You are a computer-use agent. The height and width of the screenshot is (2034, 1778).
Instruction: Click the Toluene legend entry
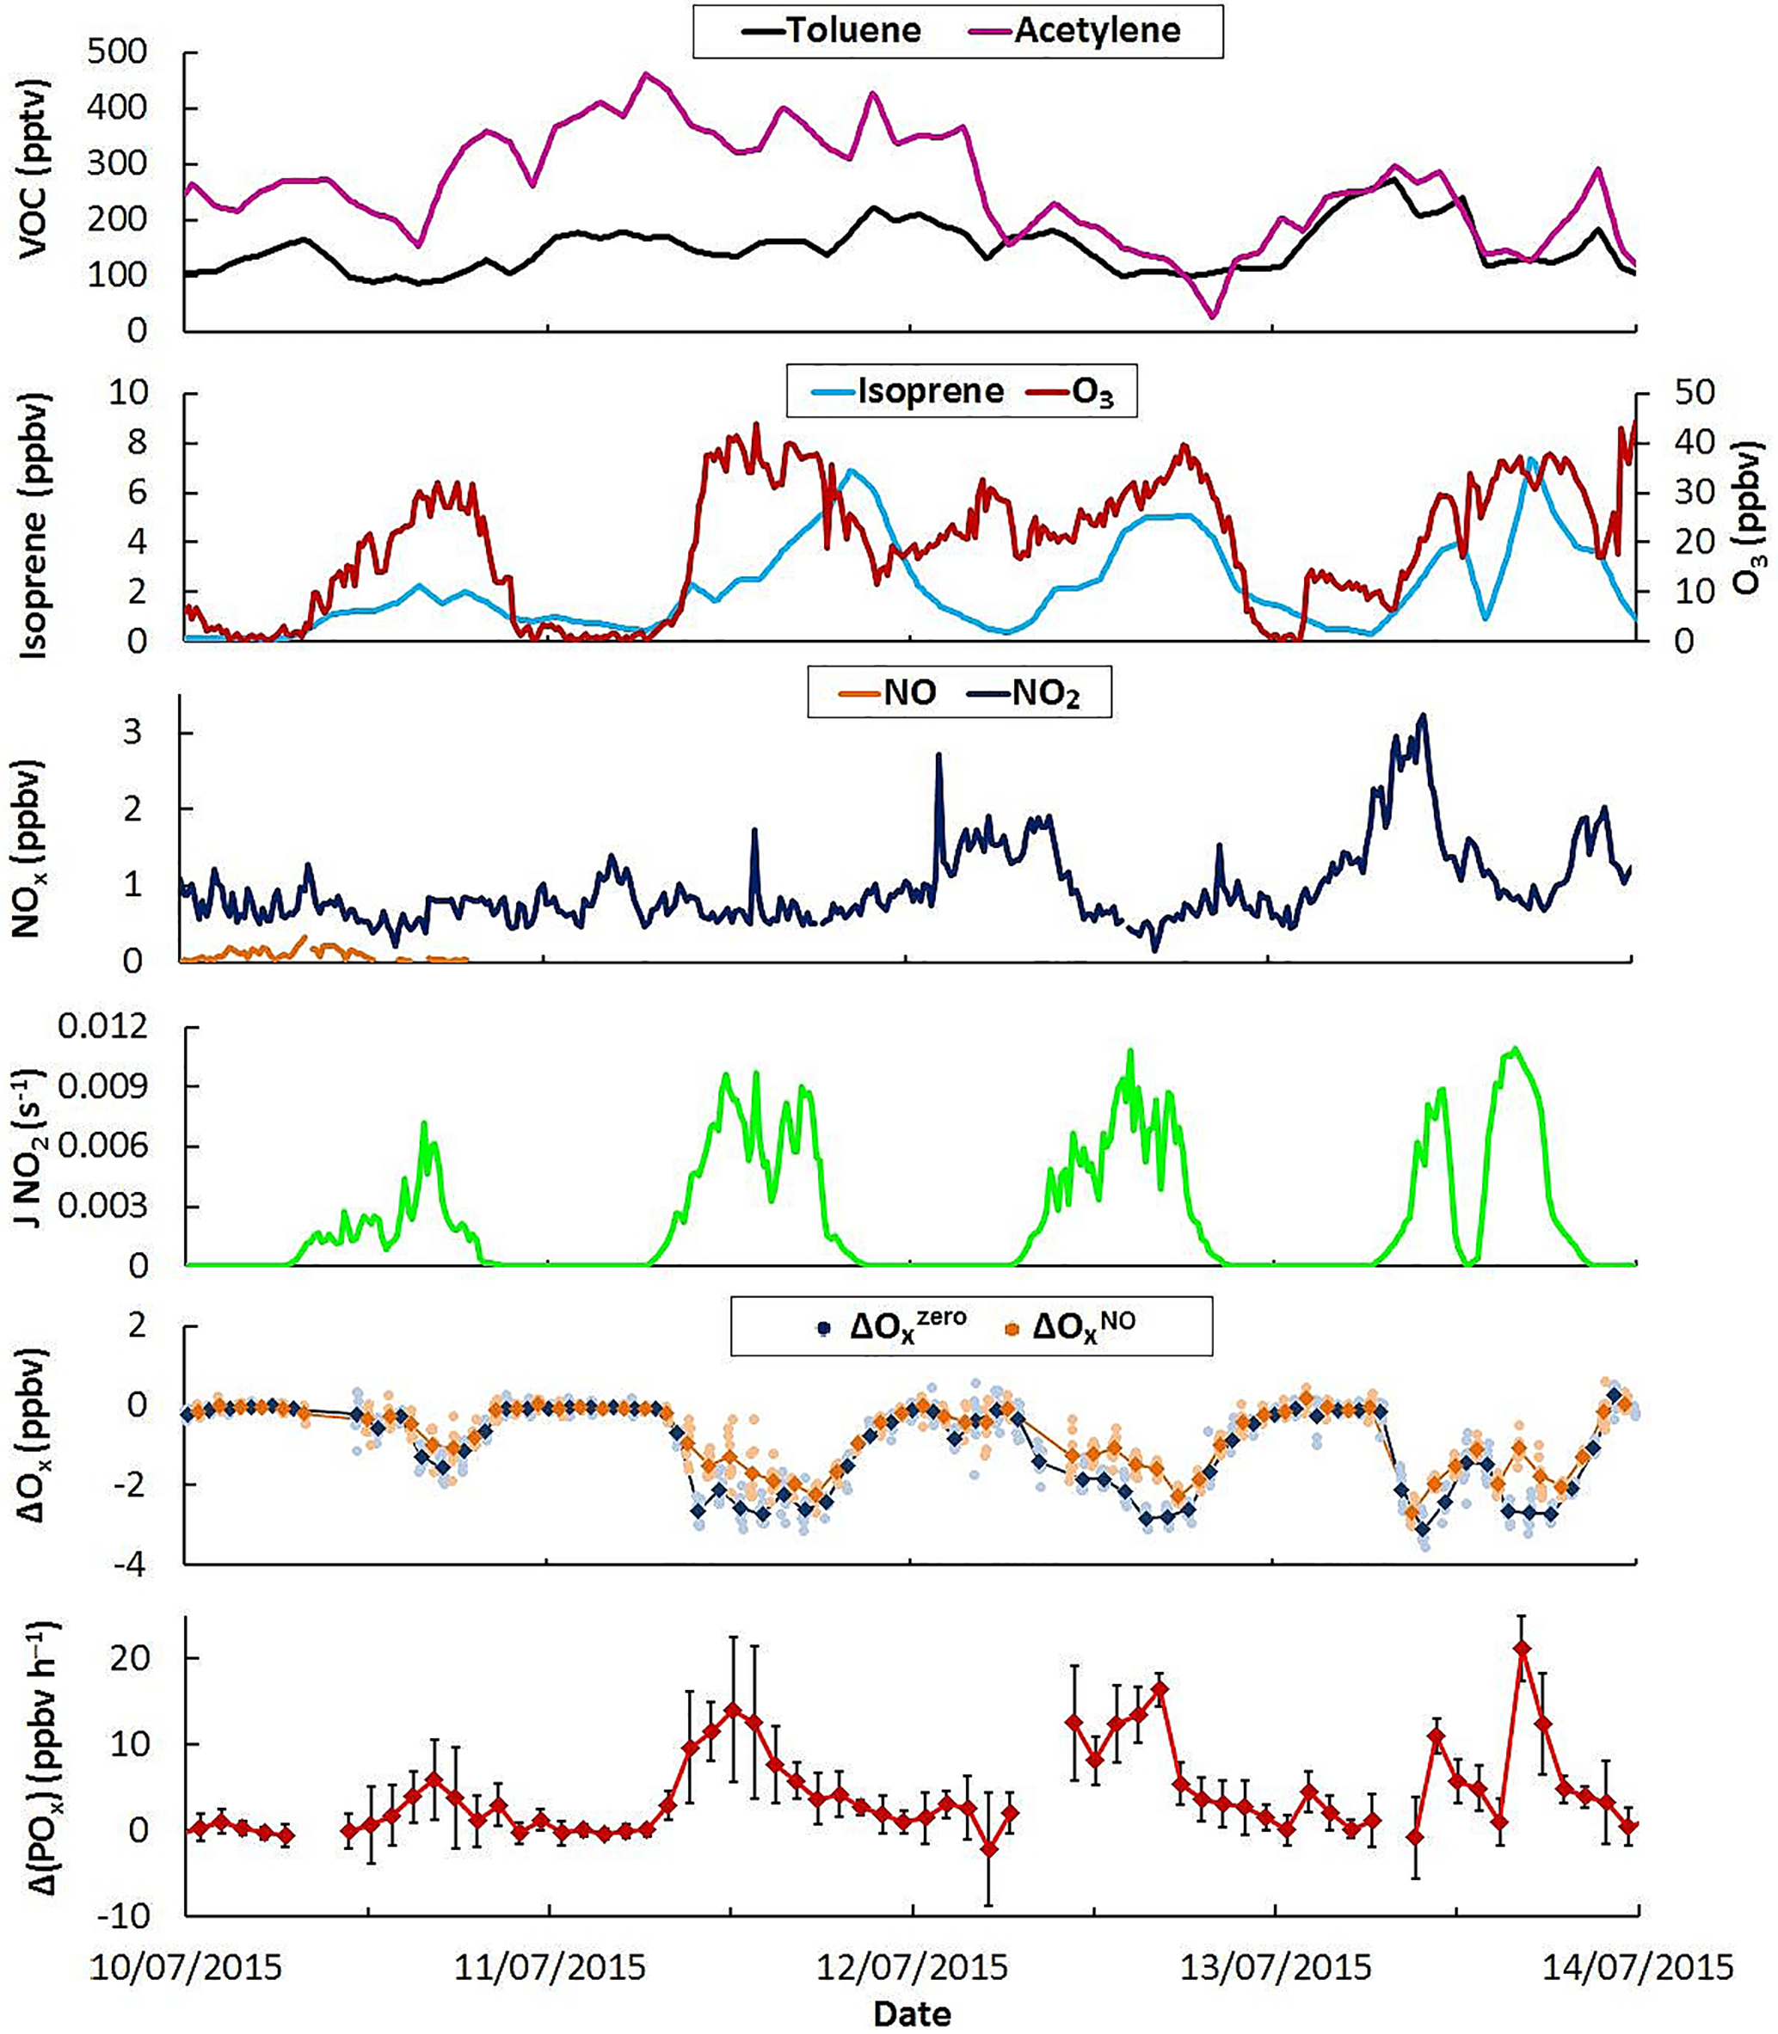832,32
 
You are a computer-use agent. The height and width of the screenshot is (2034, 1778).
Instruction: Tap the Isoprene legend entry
907,391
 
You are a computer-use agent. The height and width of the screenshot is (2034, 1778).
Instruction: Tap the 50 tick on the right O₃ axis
1693,393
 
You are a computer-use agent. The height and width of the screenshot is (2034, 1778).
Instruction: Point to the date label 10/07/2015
186,1968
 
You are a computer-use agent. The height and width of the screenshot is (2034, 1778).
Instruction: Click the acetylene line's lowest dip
1213,316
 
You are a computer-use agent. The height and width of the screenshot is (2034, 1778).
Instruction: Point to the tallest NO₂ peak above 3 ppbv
1424,715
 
